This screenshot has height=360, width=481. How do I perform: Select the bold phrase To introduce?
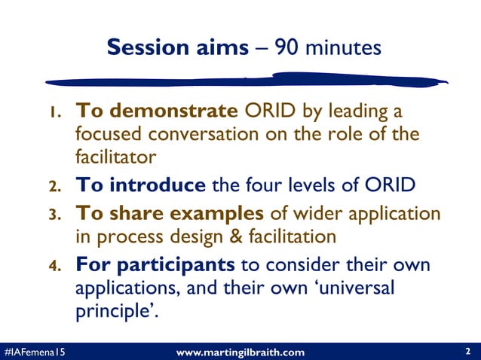[140, 185]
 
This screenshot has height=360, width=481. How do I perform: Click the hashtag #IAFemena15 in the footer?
[33, 352]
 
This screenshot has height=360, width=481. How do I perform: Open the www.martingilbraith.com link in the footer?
[240, 352]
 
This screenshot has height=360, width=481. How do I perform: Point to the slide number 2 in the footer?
[468, 351]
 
